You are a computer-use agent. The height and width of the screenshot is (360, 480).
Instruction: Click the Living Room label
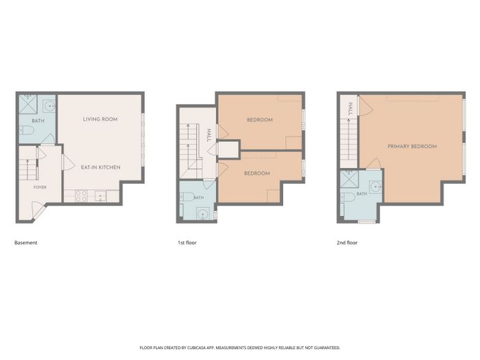coord(100,119)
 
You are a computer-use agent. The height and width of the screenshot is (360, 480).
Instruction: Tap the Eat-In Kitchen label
coord(101,167)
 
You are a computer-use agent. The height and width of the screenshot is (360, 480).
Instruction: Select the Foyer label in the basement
coord(40,187)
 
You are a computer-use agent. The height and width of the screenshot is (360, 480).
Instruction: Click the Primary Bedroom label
coord(412,146)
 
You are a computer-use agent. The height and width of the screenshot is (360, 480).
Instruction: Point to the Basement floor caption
coord(26,243)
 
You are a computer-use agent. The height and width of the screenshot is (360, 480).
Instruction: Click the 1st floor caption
coord(187,243)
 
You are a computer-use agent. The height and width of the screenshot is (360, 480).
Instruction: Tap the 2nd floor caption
coord(347,243)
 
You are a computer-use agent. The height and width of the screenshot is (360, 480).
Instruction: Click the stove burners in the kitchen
coord(82,196)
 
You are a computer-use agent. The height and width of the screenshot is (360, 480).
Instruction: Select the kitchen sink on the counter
coord(100,196)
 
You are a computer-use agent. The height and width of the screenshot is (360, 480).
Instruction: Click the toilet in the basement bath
coord(26,131)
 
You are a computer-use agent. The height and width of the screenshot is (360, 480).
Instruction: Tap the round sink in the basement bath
coord(49,106)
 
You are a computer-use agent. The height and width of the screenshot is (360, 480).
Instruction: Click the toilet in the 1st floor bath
coord(187,197)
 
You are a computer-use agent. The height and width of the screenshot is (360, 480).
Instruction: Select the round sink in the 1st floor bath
coord(202,213)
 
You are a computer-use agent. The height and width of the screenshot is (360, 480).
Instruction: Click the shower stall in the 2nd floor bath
coord(349,179)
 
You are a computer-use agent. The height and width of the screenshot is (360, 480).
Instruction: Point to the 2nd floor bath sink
coord(375,187)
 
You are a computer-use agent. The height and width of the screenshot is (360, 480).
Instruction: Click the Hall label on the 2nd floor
coord(350,108)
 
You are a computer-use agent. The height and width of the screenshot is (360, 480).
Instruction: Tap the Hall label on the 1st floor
coord(209,135)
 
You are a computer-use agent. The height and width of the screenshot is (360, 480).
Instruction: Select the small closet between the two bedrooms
coord(228,149)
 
